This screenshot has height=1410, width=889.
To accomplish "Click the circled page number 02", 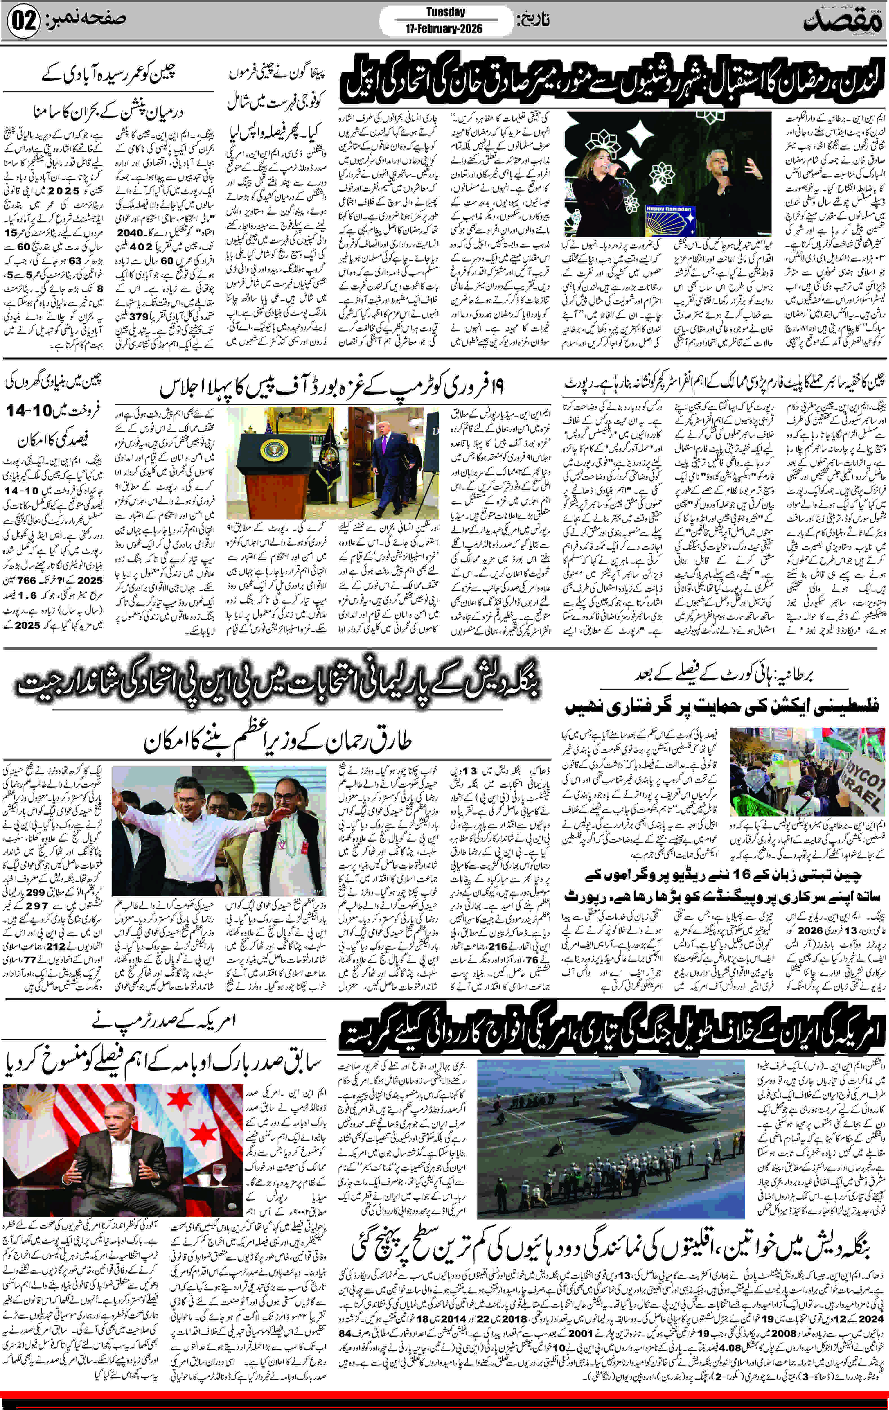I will coord(23,21).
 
